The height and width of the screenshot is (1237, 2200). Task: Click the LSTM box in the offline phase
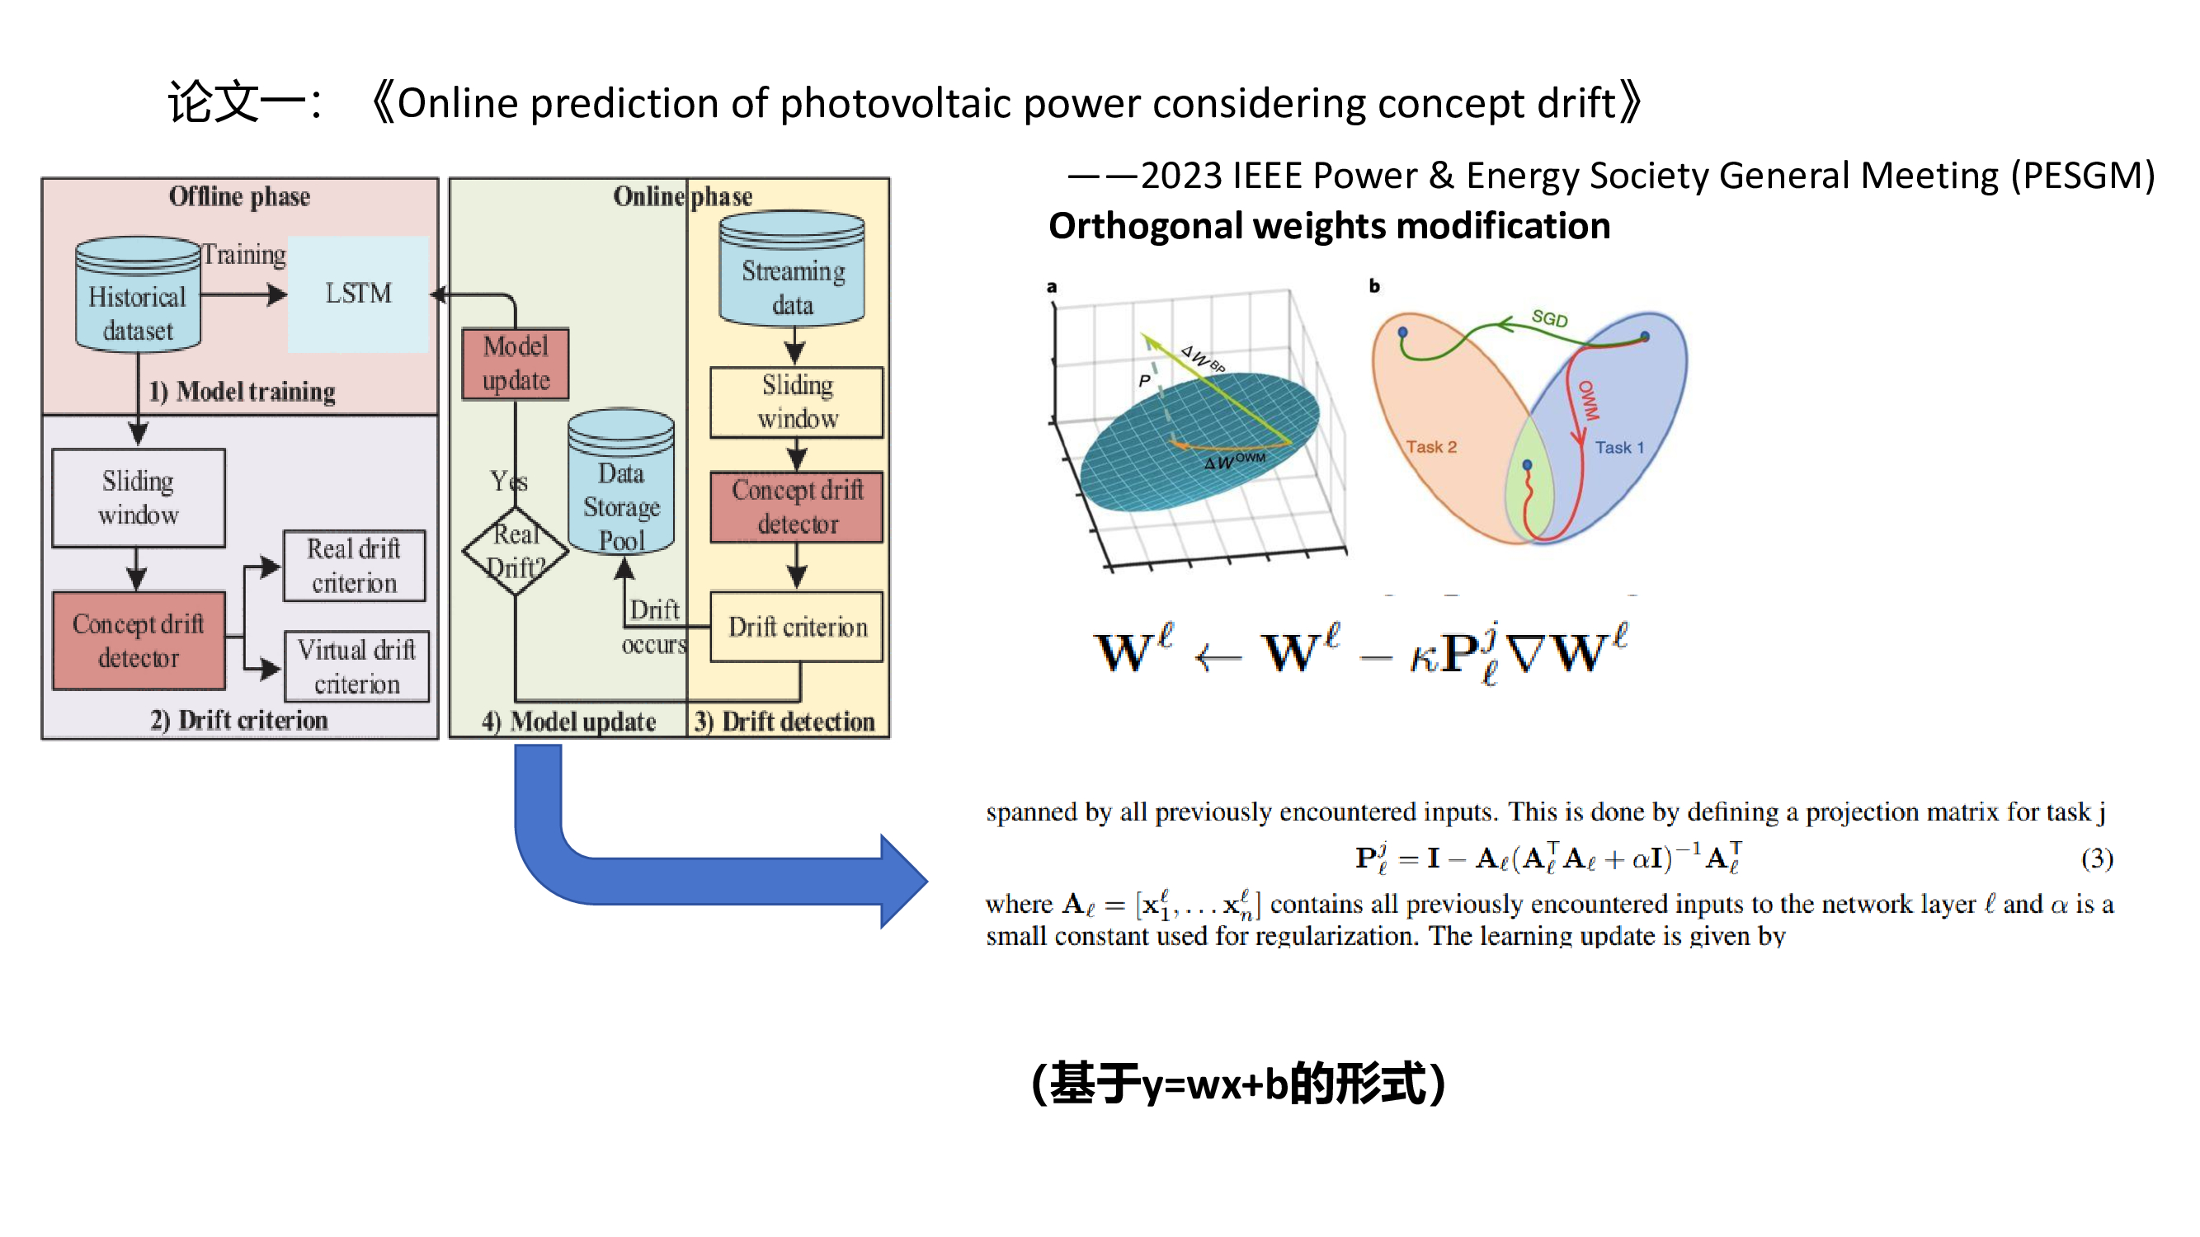click(x=358, y=294)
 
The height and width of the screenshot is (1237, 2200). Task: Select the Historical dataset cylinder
click(x=138, y=295)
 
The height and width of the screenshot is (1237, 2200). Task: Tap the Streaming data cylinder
click(x=793, y=270)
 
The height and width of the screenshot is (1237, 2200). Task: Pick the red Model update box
click(x=516, y=364)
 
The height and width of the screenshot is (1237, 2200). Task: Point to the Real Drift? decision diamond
click(x=516, y=551)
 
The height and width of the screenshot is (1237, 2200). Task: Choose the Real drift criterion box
click(x=355, y=566)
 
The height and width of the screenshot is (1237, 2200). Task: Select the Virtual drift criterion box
click(x=357, y=666)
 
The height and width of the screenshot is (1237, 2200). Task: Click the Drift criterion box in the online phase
click(x=797, y=628)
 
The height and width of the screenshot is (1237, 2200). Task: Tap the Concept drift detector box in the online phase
click(x=797, y=507)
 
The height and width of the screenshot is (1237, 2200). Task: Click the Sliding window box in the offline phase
click(x=139, y=499)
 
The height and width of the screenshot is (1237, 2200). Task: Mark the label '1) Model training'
click(x=242, y=392)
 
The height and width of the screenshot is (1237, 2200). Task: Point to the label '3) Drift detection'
click(x=784, y=722)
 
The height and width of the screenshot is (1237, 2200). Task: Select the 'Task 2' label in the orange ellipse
click(x=1431, y=447)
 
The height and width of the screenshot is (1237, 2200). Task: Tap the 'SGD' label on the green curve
click(x=1549, y=318)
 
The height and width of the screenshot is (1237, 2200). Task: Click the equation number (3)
click(x=2097, y=858)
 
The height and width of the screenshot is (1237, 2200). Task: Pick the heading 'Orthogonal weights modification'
click(x=1329, y=226)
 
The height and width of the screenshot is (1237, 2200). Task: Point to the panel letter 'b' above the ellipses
click(x=1374, y=286)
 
